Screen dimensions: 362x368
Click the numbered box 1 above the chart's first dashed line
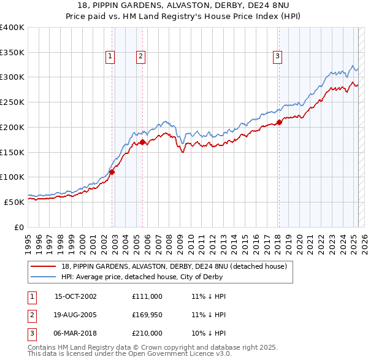pyautogui.click(x=110, y=56)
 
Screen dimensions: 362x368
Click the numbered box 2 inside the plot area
pyautogui.click(x=140, y=56)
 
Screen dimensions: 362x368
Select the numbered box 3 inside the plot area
pyautogui.click(x=277, y=56)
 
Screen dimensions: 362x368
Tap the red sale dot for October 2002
pyautogui.click(x=112, y=172)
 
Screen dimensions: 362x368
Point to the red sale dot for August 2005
pyautogui.click(x=143, y=142)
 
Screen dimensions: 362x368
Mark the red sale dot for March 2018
pyautogui.click(x=279, y=122)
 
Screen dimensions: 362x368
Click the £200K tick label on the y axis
pyautogui.click(x=12, y=127)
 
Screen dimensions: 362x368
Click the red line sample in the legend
pyautogui.click(x=44, y=266)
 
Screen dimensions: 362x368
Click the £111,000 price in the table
pyautogui.click(x=147, y=296)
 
